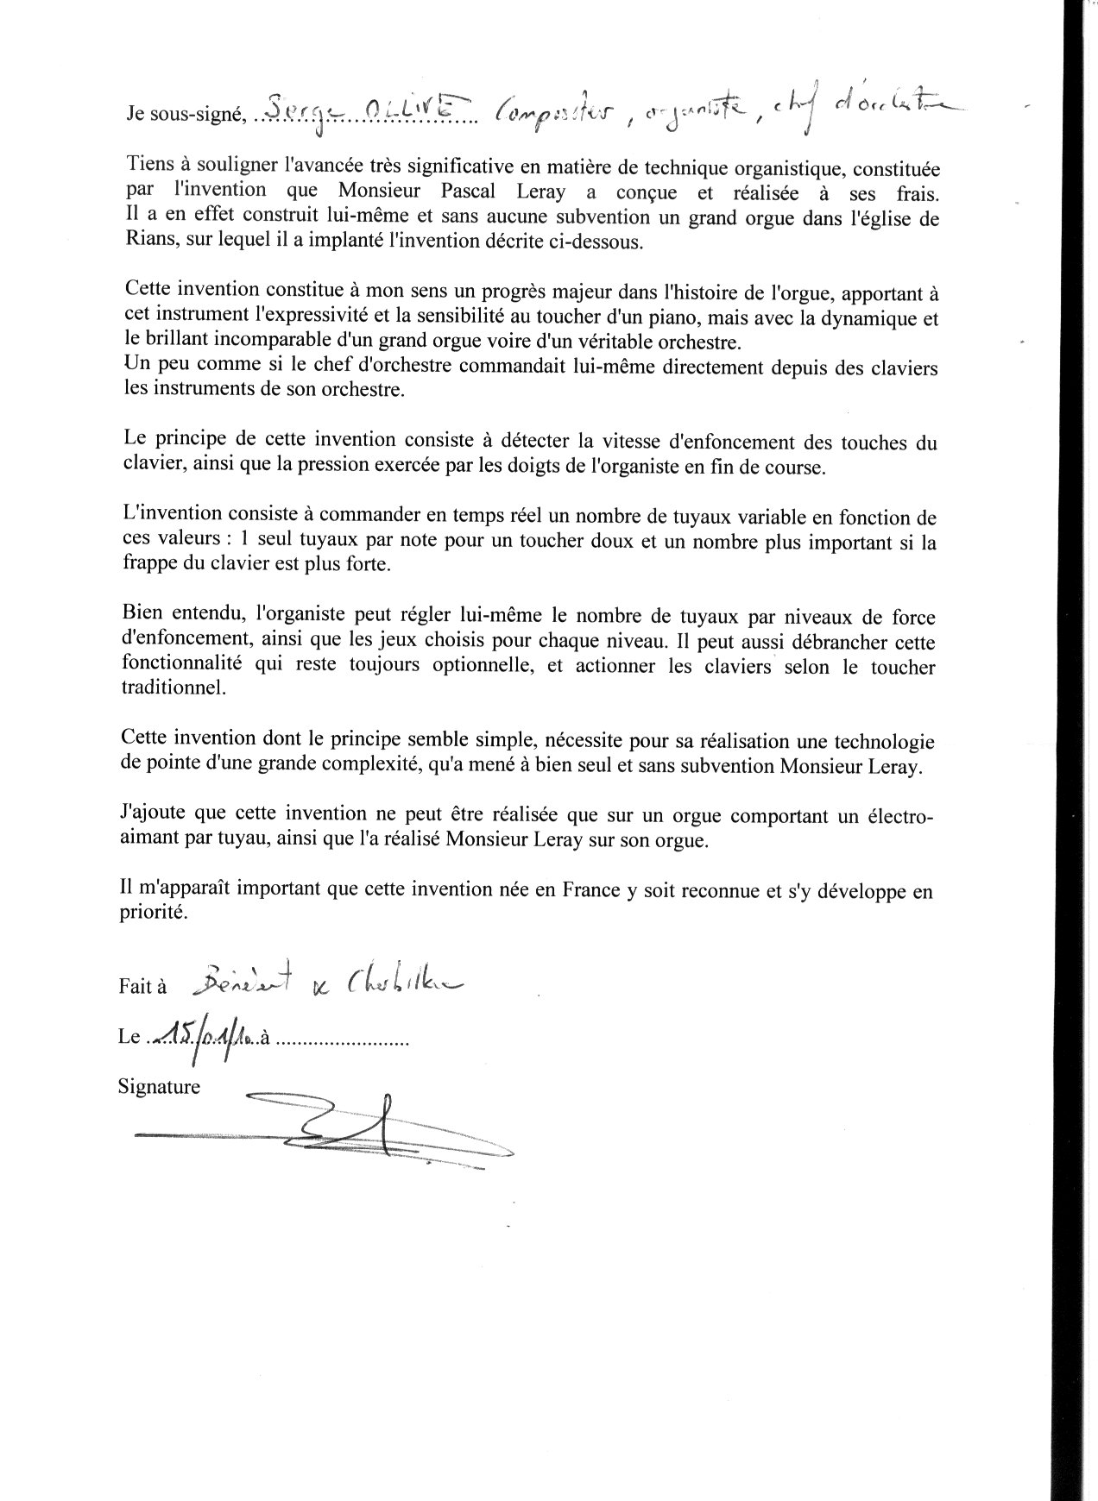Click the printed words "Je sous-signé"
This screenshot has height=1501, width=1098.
click(182, 113)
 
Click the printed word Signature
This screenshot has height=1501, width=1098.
click(159, 1087)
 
